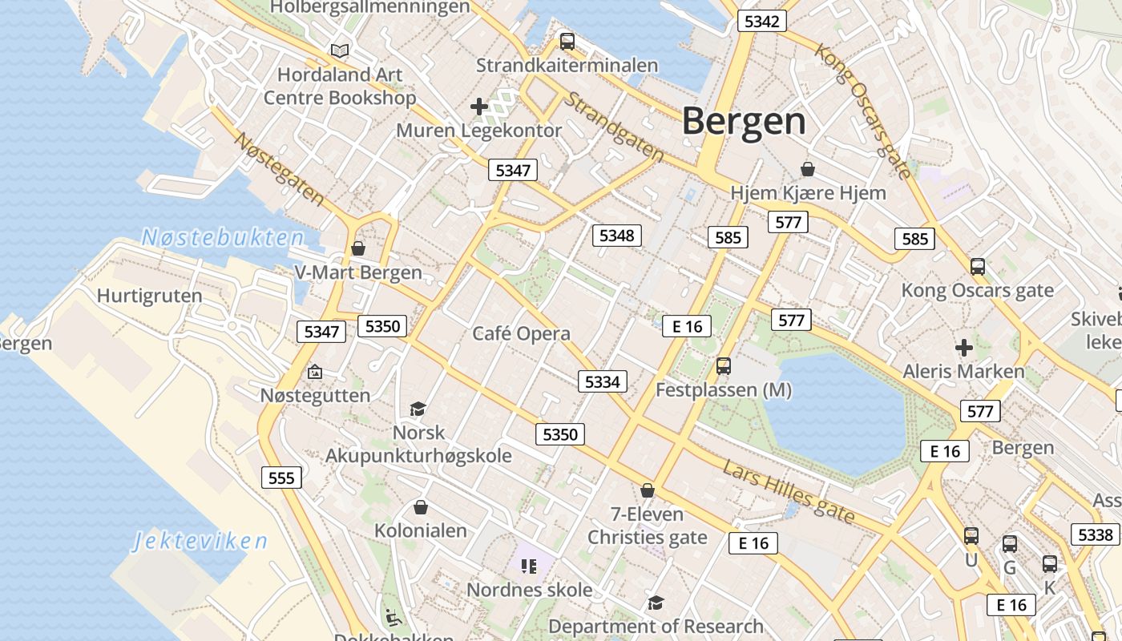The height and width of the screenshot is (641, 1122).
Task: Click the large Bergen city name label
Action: pos(745,121)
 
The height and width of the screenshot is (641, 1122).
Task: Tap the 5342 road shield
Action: pos(761,22)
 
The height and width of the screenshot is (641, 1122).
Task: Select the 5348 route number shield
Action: pos(616,236)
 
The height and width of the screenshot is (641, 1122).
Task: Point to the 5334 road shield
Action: pos(602,381)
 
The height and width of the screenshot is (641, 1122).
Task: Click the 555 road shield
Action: pos(281,478)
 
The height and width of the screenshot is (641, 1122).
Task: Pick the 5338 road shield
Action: pos(1095,534)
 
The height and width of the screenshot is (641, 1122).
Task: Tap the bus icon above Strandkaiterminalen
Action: pos(567,42)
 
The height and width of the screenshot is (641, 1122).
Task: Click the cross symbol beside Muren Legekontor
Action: pos(479,106)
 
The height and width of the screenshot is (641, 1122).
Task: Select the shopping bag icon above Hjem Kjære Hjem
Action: pos(808,169)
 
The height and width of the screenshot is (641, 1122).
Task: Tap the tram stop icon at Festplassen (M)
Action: pos(724,366)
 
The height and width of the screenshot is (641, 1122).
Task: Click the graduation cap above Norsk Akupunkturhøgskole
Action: pos(418,409)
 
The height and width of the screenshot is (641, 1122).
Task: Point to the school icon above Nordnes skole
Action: pos(528,566)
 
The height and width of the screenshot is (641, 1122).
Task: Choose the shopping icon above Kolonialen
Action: pos(421,507)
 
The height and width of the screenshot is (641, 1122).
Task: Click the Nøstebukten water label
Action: pos(223,237)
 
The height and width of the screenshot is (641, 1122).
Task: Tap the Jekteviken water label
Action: pos(200,541)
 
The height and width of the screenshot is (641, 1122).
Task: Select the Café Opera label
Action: pos(521,333)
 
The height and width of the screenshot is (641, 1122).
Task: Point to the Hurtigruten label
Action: pos(150,296)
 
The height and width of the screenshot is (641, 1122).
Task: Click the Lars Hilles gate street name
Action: pos(789,492)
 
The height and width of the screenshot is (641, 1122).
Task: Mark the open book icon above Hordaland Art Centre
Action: pos(340,51)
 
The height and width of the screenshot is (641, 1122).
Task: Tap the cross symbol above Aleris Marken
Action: pos(963,348)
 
